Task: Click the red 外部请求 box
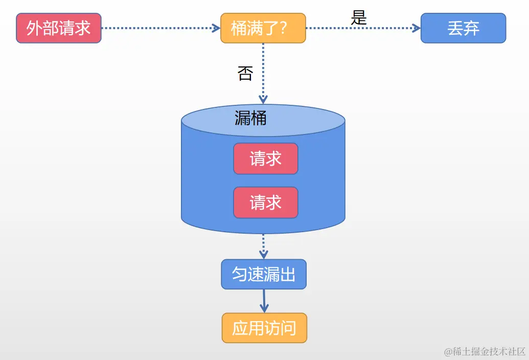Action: [x=59, y=28]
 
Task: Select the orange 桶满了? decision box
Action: [x=263, y=28]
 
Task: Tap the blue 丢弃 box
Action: [x=463, y=28]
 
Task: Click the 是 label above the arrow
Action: [x=359, y=18]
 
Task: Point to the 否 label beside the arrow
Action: [x=245, y=74]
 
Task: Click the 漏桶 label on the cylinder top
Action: [x=250, y=118]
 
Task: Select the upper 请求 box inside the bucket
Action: [x=265, y=159]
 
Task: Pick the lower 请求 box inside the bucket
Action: [x=265, y=202]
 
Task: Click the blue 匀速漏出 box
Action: [x=264, y=274]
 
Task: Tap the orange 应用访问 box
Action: [x=264, y=328]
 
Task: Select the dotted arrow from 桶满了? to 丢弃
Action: [x=363, y=28]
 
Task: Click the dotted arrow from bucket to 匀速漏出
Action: [x=263, y=246]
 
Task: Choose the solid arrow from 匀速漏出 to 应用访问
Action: [x=264, y=301]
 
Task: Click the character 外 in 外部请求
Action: [x=34, y=28]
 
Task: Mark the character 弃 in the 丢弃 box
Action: [x=471, y=28]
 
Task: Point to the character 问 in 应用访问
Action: [x=288, y=328]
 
